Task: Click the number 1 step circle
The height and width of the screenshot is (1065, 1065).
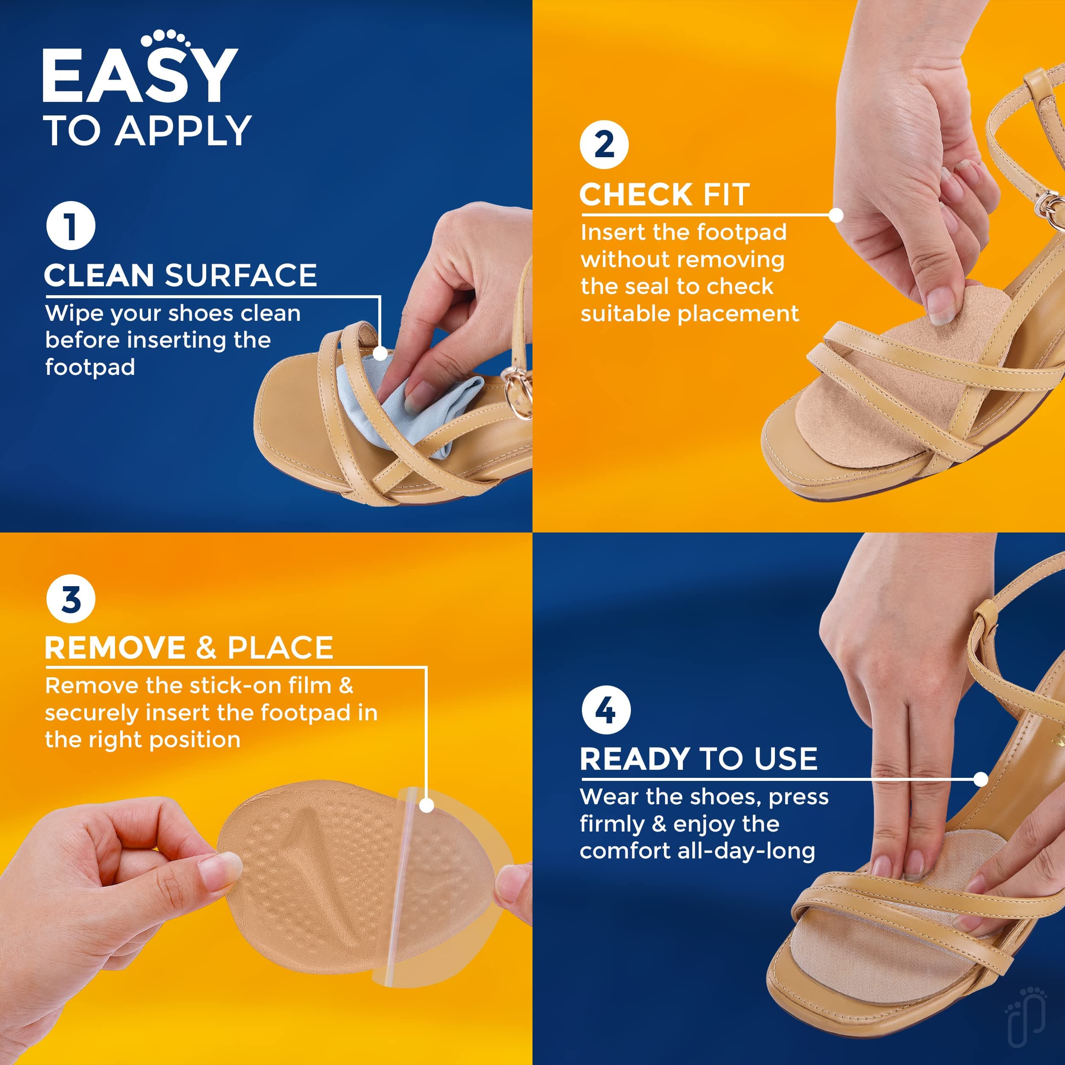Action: point(71,225)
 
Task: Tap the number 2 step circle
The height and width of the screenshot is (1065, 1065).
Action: point(604,144)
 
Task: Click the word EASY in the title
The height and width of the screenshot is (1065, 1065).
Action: point(139,76)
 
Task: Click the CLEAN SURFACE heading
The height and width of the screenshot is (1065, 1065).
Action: point(180,275)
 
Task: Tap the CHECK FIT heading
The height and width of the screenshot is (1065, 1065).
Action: point(664,195)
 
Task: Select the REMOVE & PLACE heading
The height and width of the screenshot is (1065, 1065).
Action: point(189,648)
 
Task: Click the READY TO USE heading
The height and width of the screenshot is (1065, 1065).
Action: point(698,759)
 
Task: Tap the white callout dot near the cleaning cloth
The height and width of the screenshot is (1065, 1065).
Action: point(380,353)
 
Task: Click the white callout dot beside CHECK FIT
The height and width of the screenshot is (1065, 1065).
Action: point(836,215)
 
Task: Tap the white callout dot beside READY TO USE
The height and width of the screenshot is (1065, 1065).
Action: point(981,779)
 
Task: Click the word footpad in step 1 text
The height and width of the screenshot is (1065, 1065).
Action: point(90,367)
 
